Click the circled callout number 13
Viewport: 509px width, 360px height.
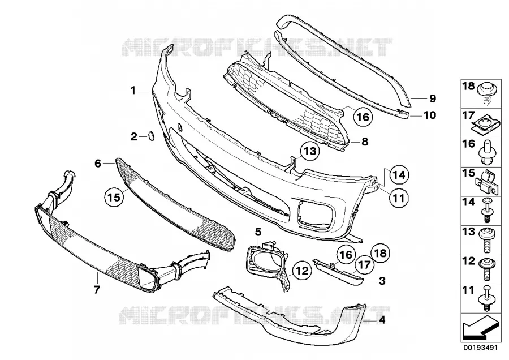310,151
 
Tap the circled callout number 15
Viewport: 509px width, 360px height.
114,197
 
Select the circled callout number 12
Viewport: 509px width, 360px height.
302,271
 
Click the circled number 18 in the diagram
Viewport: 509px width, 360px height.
380,253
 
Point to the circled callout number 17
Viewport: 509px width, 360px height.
364,265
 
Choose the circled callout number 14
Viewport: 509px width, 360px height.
399,175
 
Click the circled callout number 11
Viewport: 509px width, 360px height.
398,198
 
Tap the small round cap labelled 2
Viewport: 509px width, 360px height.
151,136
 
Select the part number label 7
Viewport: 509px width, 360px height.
97,289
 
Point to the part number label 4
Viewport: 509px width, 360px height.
382,320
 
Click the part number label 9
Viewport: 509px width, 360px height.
433,98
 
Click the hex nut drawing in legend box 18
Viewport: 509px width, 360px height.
485,93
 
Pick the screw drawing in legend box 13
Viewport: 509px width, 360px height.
486,241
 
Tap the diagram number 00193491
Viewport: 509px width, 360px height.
480,348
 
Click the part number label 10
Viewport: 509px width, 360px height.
429,115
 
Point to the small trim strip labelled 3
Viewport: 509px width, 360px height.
338,271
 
